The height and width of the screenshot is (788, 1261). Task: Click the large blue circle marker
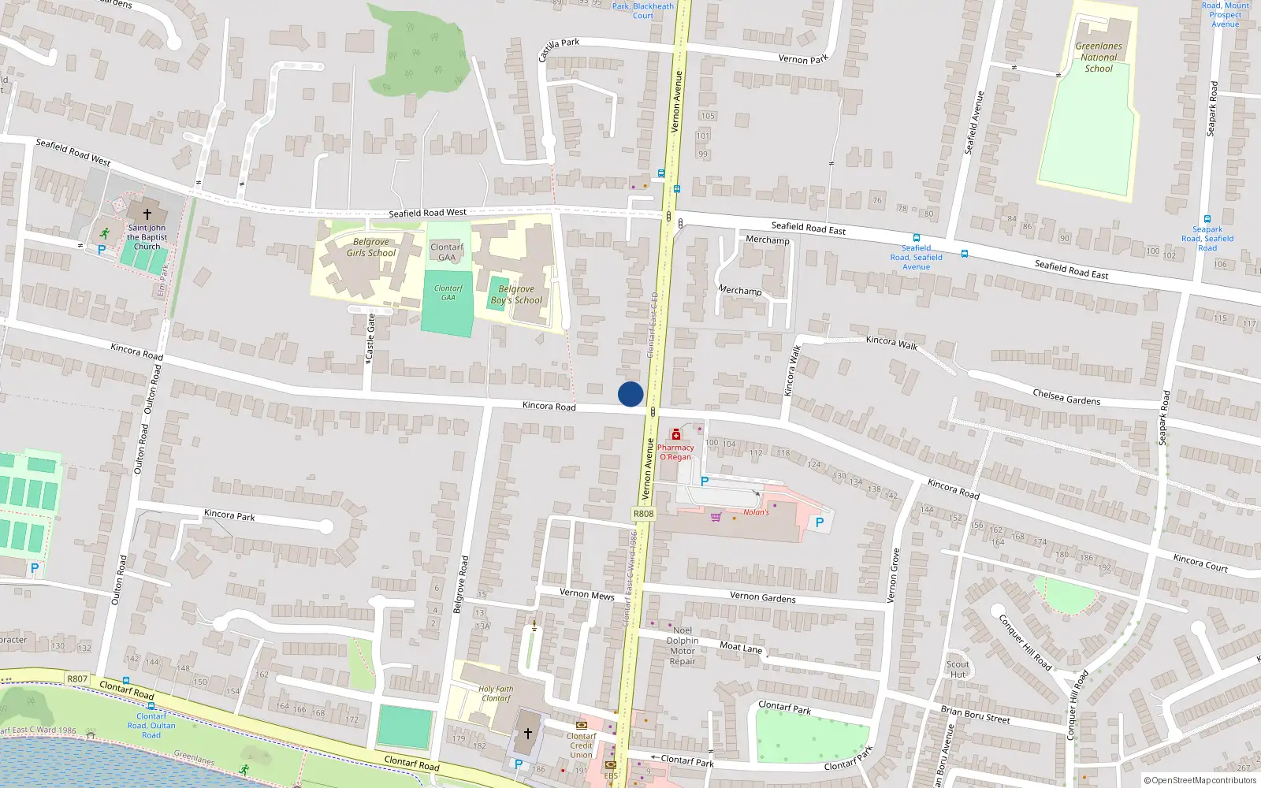pyautogui.click(x=630, y=394)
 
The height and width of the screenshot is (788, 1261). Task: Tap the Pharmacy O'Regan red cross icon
pyautogui.click(x=675, y=435)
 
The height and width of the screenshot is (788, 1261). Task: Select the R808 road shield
pyautogui.click(x=643, y=514)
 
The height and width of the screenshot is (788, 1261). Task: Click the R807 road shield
pyautogui.click(x=77, y=678)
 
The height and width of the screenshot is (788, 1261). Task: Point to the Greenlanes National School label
pyautogui.click(x=1099, y=58)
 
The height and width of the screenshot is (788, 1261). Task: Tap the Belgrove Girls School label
pyautogui.click(x=370, y=247)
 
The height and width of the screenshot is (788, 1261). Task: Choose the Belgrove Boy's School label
pyautogui.click(x=516, y=295)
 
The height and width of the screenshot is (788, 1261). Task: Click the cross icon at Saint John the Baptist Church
pyautogui.click(x=147, y=214)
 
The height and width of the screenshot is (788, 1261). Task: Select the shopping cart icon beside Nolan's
pyautogui.click(x=716, y=517)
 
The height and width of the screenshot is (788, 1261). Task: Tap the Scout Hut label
pyautogui.click(x=958, y=669)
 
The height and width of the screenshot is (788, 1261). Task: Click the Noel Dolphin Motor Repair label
pyautogui.click(x=683, y=645)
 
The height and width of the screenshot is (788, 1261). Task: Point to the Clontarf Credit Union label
pyautogui.click(x=581, y=745)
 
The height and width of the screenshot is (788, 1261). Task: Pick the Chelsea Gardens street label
pyautogui.click(x=1066, y=396)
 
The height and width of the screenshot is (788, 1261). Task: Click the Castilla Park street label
pyautogui.click(x=559, y=49)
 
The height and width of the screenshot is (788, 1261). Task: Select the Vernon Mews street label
pyautogui.click(x=586, y=594)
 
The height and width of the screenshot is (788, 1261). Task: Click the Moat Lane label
pyautogui.click(x=741, y=648)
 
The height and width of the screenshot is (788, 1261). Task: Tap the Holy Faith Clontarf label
pyautogui.click(x=496, y=693)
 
